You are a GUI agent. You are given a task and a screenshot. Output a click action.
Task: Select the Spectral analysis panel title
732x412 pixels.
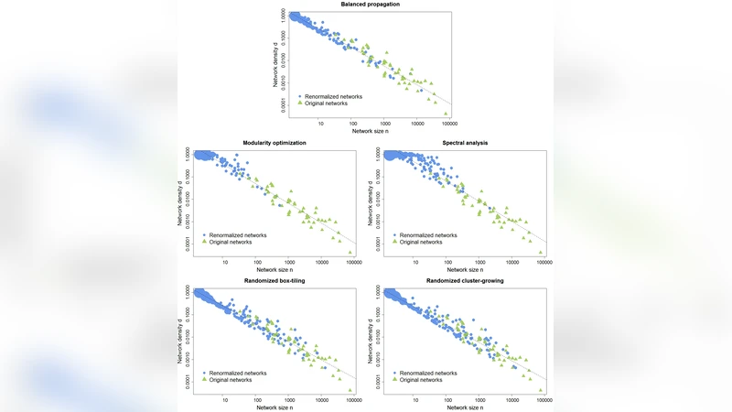click(x=460, y=144)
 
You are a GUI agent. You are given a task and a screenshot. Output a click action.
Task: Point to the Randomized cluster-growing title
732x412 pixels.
click(x=460, y=281)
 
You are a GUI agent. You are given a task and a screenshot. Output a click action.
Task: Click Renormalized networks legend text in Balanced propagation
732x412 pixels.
click(x=336, y=95)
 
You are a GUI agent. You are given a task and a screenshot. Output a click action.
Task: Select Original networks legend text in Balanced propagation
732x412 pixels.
click(x=328, y=103)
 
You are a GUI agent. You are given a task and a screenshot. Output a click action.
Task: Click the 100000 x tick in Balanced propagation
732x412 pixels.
click(x=449, y=123)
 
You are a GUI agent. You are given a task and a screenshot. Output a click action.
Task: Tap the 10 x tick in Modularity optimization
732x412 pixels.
click(x=225, y=261)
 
